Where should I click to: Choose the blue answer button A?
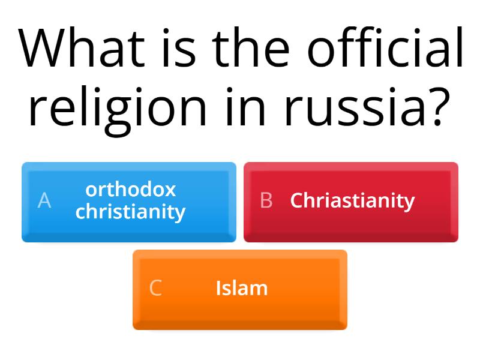[x=129, y=202]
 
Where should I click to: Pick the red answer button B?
[x=351, y=202]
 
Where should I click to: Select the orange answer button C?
[x=240, y=289]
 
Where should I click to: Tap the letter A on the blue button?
[x=44, y=201]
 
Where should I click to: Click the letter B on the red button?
[x=266, y=201]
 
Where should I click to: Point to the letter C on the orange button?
[x=155, y=289]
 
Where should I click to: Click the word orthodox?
[x=131, y=190]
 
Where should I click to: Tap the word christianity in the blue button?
[x=131, y=212]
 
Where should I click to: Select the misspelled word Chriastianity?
[x=352, y=200]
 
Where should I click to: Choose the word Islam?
[x=241, y=289]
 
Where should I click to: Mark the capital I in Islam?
[x=218, y=289]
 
